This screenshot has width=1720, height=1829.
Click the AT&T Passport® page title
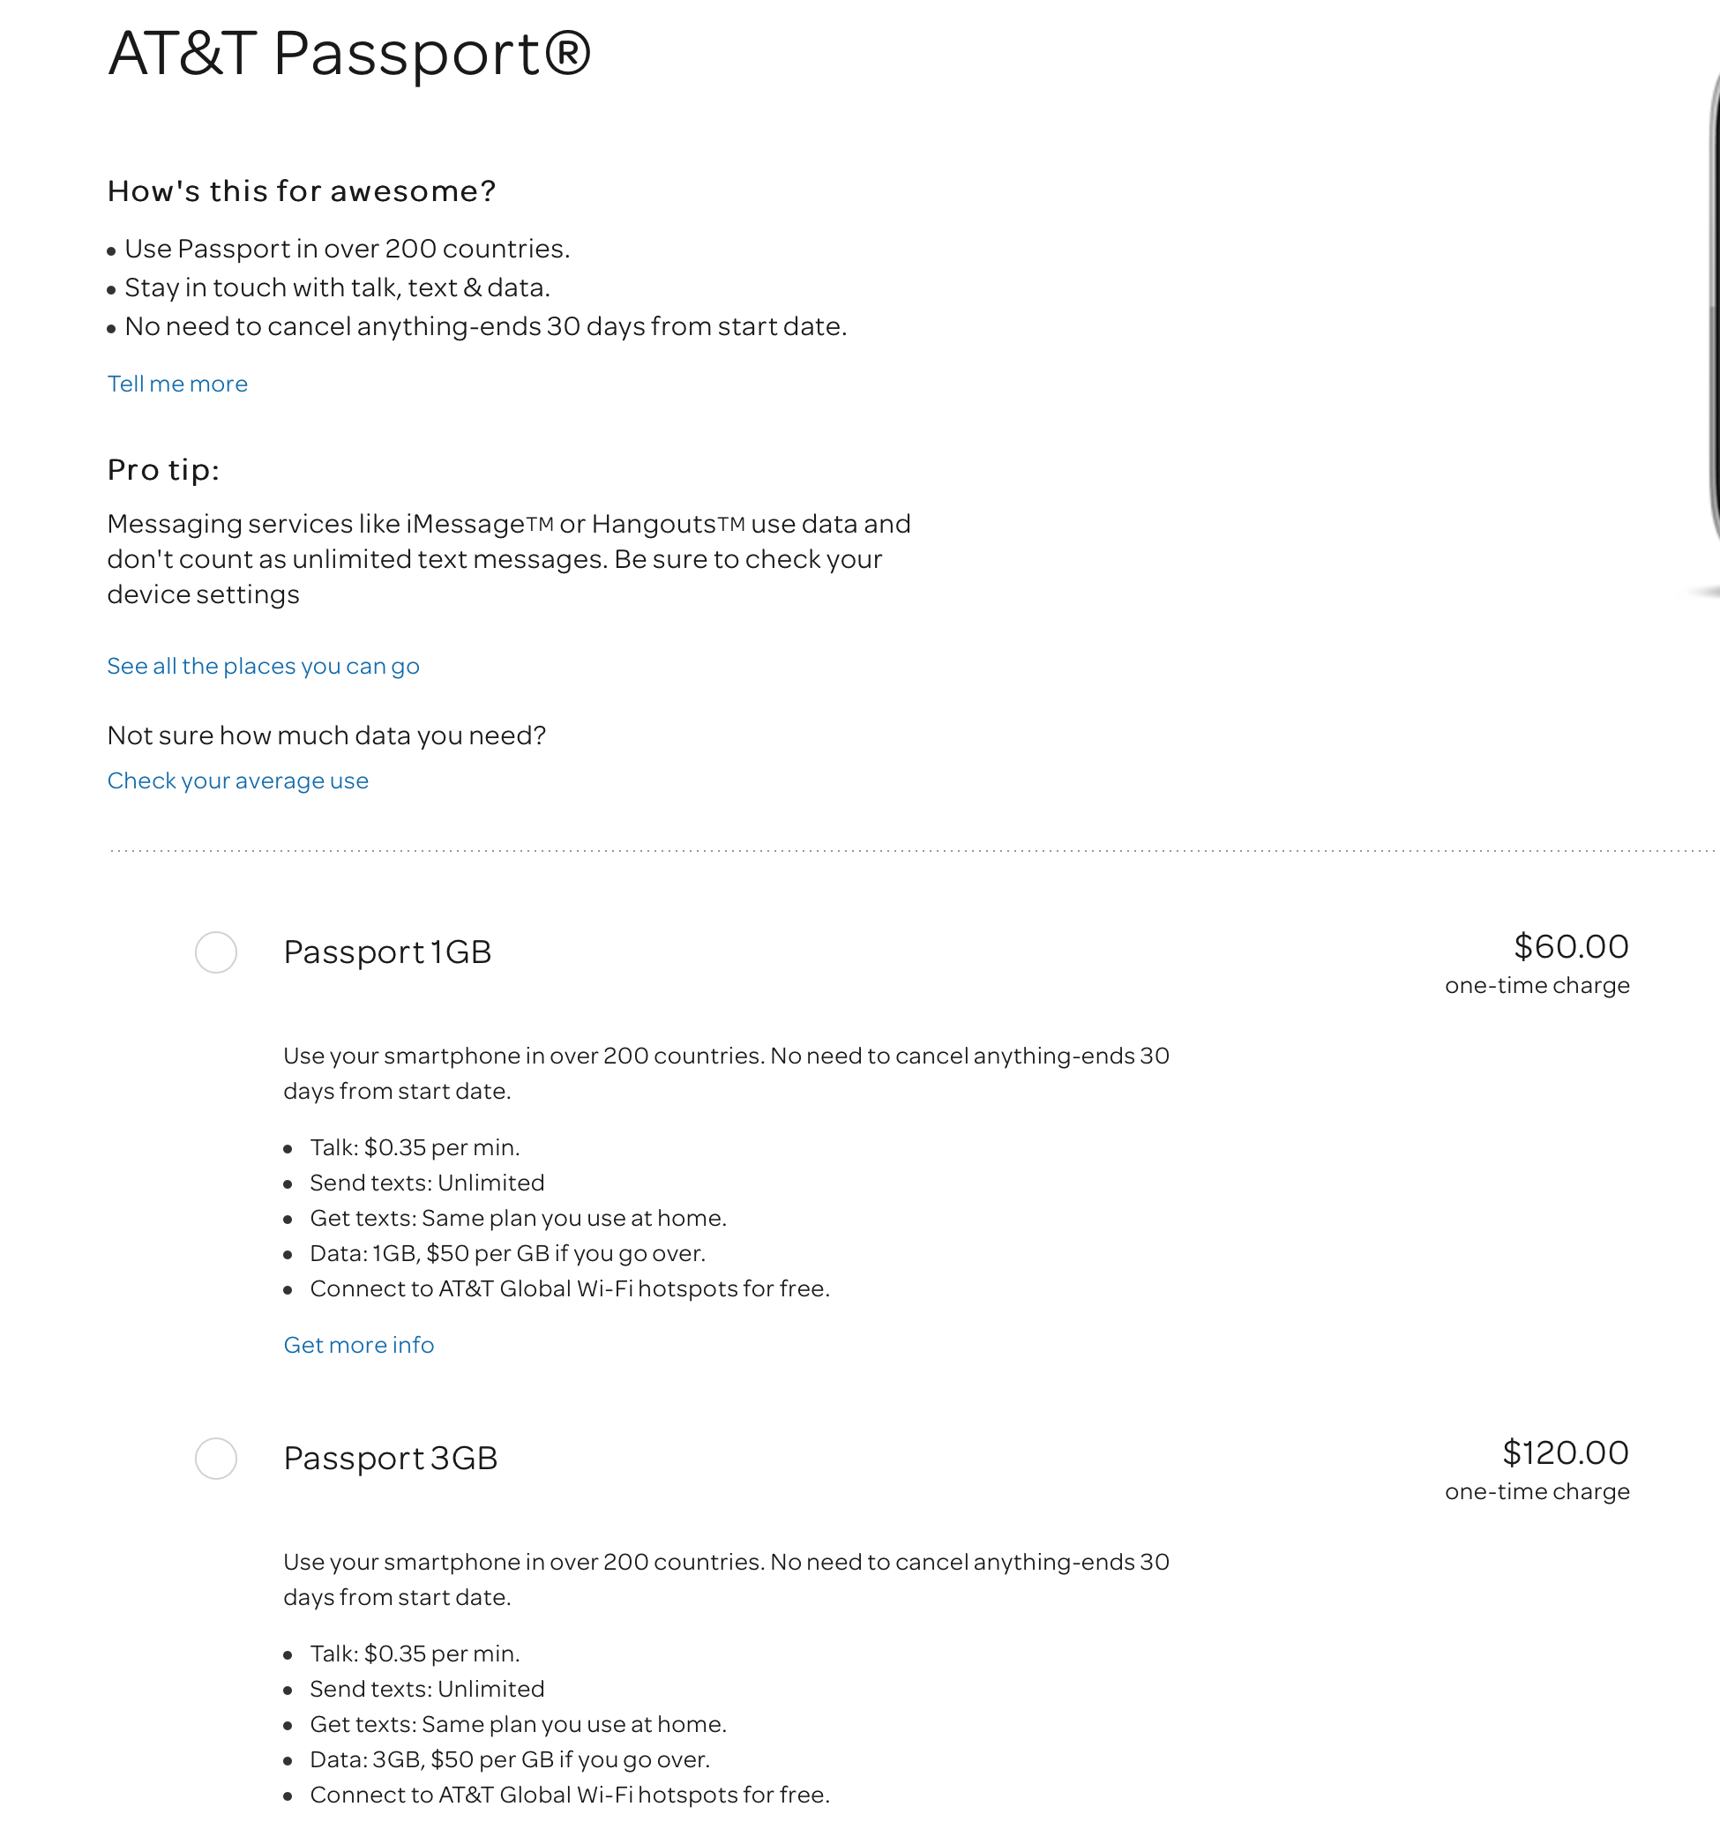(x=348, y=54)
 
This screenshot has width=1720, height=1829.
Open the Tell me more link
(x=177, y=384)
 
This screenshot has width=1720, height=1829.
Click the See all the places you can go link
(x=263, y=666)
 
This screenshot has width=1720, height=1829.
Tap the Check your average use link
(x=237, y=781)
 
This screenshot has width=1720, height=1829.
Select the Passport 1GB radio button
(x=216, y=952)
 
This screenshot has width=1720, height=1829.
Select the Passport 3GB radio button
(x=216, y=1459)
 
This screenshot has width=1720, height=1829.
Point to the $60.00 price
(x=1571, y=947)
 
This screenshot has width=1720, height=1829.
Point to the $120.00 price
(x=1566, y=1452)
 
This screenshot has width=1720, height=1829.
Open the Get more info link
(x=358, y=1345)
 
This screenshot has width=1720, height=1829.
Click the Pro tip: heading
(x=164, y=470)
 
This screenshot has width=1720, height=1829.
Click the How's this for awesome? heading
(x=302, y=191)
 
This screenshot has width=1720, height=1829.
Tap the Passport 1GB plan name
(x=387, y=952)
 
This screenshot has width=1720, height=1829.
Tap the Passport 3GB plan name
(x=390, y=1459)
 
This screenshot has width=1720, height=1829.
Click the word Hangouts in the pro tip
(x=654, y=525)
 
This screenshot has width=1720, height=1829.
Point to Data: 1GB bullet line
(x=507, y=1254)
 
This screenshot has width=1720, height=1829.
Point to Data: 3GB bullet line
(x=510, y=1760)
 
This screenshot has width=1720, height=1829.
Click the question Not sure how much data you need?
(x=326, y=736)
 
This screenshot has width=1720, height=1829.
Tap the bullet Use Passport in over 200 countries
(x=347, y=250)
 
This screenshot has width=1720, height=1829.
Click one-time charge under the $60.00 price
(x=1537, y=985)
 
